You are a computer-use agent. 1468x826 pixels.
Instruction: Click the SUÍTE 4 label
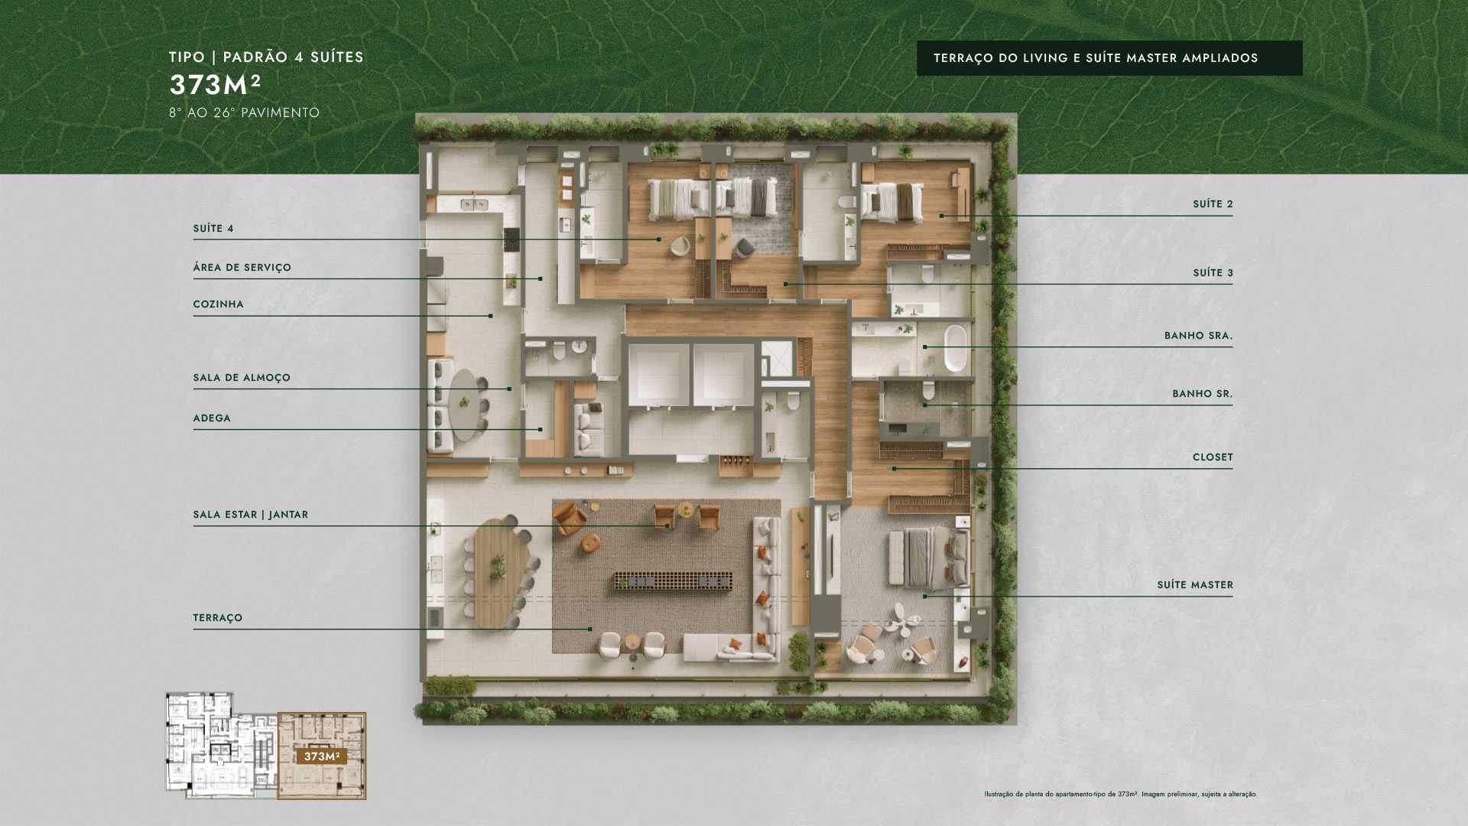[213, 229]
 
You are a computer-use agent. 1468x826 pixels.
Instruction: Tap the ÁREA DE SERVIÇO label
[242, 268]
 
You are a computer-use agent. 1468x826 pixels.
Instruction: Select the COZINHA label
[218, 304]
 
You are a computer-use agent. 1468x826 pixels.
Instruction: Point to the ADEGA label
[212, 418]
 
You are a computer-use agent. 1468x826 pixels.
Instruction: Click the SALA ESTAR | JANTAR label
[251, 515]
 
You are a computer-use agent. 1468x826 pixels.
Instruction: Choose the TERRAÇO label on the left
[218, 618]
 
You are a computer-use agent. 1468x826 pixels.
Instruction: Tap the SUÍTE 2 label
[1213, 204]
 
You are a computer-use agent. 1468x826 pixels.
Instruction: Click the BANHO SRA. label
[1198, 336]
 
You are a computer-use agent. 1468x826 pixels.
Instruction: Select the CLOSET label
[1213, 457]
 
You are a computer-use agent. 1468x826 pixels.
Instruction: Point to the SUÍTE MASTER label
[1195, 585]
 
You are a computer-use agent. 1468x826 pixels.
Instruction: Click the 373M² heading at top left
[216, 84]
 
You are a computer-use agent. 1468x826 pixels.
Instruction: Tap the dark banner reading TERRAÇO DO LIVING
[1109, 58]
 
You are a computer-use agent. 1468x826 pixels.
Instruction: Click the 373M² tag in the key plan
[322, 756]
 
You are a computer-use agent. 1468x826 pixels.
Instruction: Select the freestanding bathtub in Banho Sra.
[955, 349]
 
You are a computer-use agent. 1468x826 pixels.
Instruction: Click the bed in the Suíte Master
[929, 558]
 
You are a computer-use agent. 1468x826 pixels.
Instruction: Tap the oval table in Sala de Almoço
[465, 405]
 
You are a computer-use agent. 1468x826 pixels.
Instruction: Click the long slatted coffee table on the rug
[672, 581]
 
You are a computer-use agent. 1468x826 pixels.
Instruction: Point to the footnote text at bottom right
[1121, 794]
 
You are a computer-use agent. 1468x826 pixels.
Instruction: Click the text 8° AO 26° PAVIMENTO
[245, 112]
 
